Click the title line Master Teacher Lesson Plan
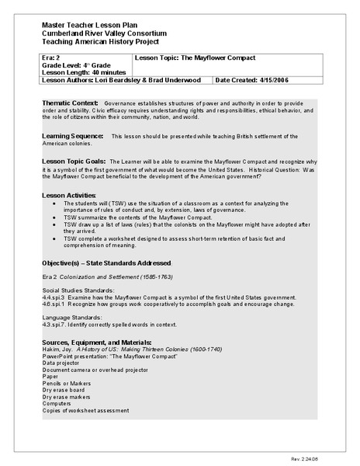tap(85, 26)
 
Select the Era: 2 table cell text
tap(50, 58)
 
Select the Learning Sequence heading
tap(72, 136)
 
